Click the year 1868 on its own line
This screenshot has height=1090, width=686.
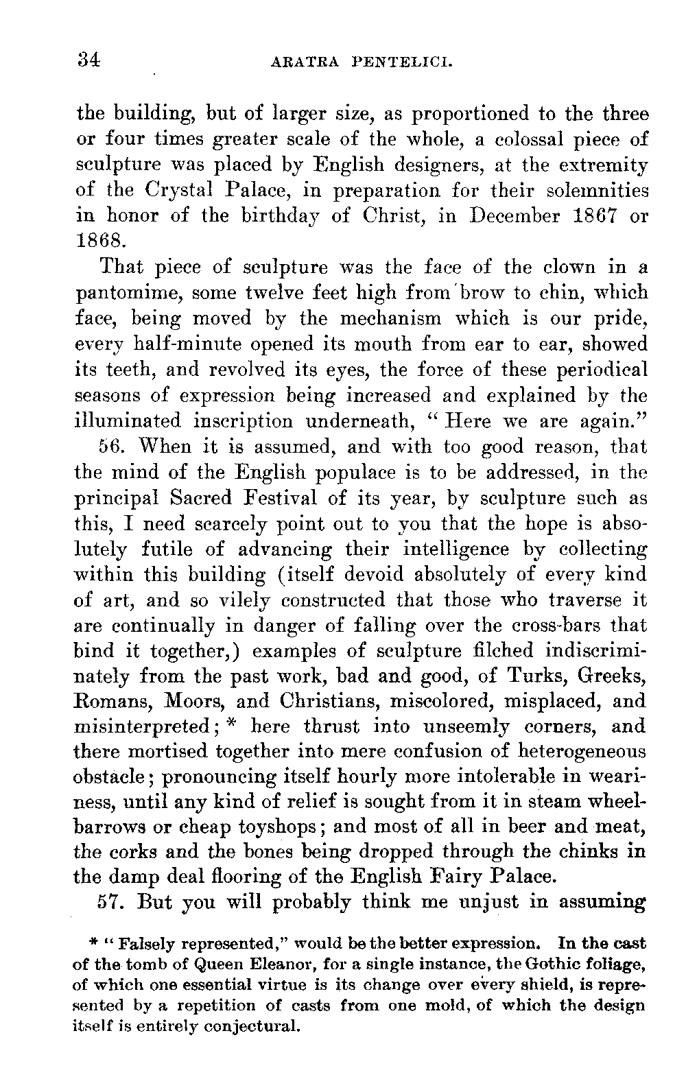tap(100, 241)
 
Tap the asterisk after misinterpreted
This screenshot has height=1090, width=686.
tap(234, 724)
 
